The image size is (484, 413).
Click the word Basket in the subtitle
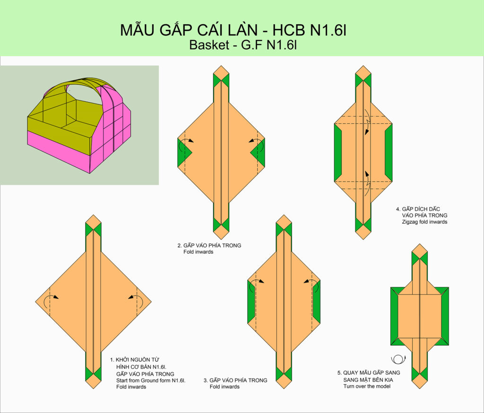coord(209,45)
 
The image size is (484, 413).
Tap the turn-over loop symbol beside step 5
coord(398,359)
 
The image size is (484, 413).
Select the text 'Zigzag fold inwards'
coord(424,222)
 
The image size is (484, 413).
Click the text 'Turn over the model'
coord(367,387)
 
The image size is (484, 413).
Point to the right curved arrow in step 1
coord(136,301)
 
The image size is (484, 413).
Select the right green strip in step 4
coord(389,153)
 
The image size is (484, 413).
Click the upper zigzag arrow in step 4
coord(367,122)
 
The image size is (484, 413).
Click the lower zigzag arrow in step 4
coord(367,183)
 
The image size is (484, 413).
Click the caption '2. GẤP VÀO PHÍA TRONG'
coord(209,245)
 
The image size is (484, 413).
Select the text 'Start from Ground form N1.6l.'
coord(151,380)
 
